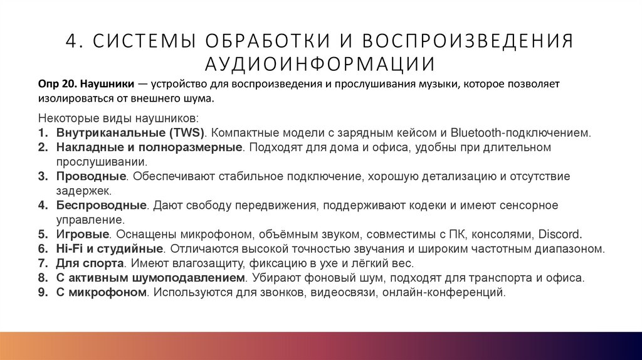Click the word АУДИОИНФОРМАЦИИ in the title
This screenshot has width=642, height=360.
click(x=320, y=64)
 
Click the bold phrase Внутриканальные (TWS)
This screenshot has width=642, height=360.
click(x=130, y=133)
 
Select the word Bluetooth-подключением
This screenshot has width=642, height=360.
click(x=528, y=133)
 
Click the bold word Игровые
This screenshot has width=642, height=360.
click(x=83, y=235)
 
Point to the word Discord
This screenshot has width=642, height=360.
click(x=560, y=235)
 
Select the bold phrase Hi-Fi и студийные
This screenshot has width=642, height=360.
click(x=109, y=249)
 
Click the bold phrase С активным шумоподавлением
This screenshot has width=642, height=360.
click(x=149, y=278)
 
